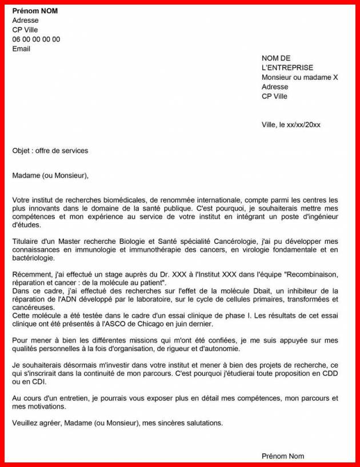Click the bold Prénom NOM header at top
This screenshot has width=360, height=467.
35,11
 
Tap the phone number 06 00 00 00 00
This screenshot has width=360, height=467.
36,39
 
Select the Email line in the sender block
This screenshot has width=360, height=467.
21,49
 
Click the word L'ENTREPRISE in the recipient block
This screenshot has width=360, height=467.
287,67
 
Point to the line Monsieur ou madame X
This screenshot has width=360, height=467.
299,77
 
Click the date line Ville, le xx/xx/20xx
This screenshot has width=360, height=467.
291,124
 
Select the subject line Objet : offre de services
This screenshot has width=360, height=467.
50,151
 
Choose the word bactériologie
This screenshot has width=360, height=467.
33,258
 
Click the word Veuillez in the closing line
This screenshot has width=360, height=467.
25,423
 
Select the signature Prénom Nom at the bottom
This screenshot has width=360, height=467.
282,456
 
